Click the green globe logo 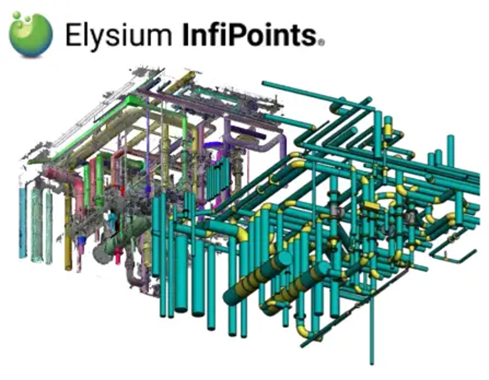(30, 34)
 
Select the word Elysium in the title (119, 35)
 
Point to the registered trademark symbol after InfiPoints (321, 42)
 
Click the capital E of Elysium (73, 34)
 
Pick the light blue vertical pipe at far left (23, 222)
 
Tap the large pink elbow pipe (66, 182)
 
